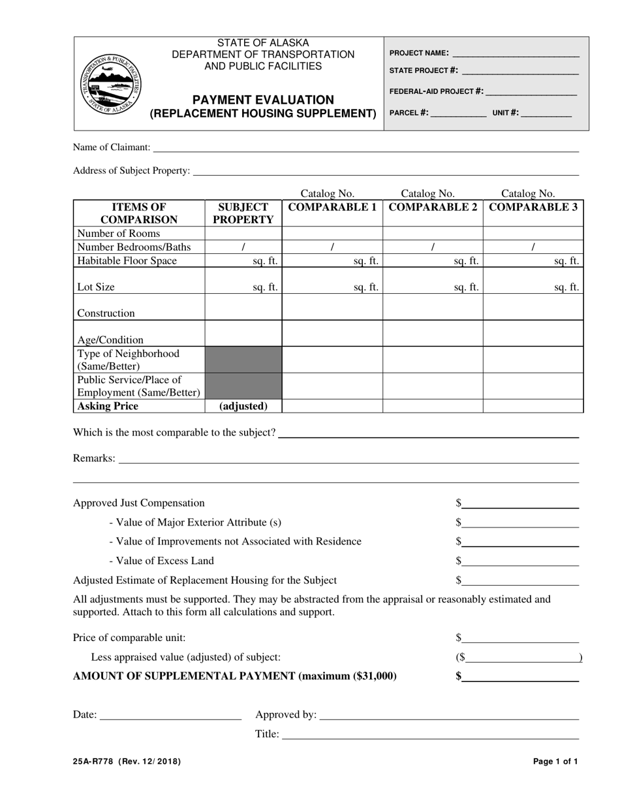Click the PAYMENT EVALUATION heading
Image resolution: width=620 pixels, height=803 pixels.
click(263, 100)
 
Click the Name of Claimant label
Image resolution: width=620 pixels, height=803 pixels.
click(112, 148)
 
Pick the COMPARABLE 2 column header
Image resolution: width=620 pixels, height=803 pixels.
click(433, 207)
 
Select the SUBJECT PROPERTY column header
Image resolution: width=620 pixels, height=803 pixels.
click(243, 213)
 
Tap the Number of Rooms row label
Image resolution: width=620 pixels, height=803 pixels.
click(118, 233)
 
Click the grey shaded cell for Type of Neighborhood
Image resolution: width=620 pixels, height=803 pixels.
click(243, 360)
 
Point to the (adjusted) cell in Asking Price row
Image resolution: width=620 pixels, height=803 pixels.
click(243, 406)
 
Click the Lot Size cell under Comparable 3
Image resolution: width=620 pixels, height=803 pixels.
click(533, 281)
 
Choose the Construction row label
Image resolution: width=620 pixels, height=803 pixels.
click(106, 313)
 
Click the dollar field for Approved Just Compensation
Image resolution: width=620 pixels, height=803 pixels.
click(520, 503)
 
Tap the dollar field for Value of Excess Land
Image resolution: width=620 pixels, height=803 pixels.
click(520, 560)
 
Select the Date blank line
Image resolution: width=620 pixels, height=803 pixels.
click(170, 715)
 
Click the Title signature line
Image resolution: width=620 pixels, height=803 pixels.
click(430, 734)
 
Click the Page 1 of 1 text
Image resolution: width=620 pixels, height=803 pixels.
click(555, 761)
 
